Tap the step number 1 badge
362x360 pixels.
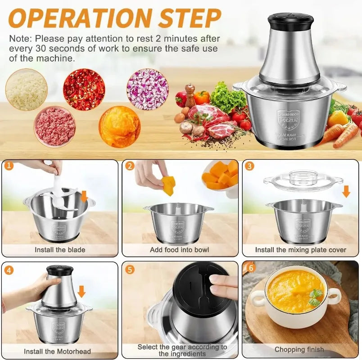[x=9, y=166]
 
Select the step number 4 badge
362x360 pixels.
[x=9, y=270]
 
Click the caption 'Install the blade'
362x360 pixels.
[x=60, y=249]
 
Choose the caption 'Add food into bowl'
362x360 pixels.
[x=180, y=250]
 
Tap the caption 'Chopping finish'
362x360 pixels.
[x=299, y=349]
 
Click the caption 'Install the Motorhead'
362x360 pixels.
[x=57, y=351]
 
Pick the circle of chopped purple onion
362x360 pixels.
[x=147, y=89]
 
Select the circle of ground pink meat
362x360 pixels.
[x=55, y=126]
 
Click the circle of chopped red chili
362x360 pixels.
[x=84, y=89]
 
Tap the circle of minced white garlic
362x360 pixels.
[x=26, y=90]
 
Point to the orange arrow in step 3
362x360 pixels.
[x=346, y=191]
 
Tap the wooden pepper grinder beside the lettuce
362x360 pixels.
[x=190, y=95]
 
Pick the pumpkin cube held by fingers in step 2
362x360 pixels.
[x=169, y=185]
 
